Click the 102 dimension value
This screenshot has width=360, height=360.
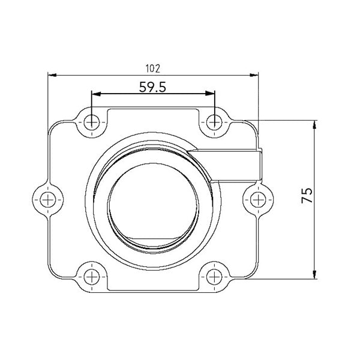(153, 68)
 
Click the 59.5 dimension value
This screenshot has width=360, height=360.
(152, 86)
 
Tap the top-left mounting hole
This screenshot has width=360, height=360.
(91, 122)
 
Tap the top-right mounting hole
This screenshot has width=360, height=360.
(215, 122)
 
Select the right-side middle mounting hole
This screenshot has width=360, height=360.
(257, 197)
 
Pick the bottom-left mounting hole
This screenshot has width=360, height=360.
(91, 277)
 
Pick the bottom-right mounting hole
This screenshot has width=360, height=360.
(215, 277)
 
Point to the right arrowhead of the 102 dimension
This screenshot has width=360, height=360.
(254, 76)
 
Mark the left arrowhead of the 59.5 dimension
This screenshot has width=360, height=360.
(95, 94)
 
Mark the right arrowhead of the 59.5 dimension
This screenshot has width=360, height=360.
(211, 94)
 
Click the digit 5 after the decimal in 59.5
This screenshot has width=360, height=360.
(161, 86)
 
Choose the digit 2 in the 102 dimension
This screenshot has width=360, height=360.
(158, 68)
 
